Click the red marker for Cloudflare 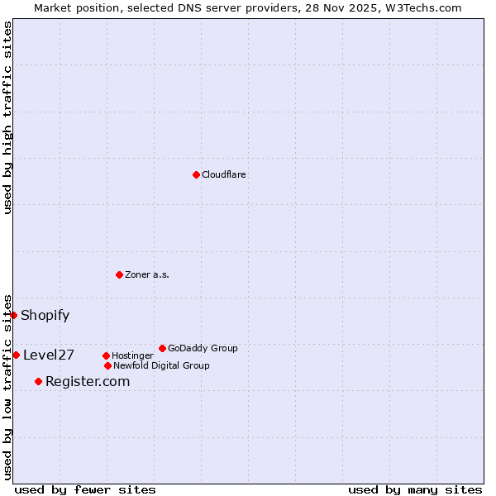pyautogui.click(x=196, y=174)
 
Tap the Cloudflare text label pyautogui.click(x=224, y=175)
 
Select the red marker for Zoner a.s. pyautogui.click(x=119, y=274)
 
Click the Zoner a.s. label pyautogui.click(x=147, y=275)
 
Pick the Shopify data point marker pyautogui.click(x=13, y=315)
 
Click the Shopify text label pyautogui.click(x=45, y=315)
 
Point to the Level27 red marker pyautogui.click(x=16, y=355)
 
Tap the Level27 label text pyautogui.click(x=49, y=355)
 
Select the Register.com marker pyautogui.click(x=38, y=381)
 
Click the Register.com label pyautogui.click(x=88, y=381)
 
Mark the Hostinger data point pyautogui.click(x=106, y=355)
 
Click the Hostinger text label pyautogui.click(x=132, y=356)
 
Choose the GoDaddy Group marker pyautogui.click(x=162, y=348)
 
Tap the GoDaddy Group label pyautogui.click(x=203, y=349)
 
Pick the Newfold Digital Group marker pyautogui.click(x=107, y=365)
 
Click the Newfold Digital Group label pyautogui.click(x=161, y=366)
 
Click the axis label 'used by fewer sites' pyautogui.click(x=85, y=490)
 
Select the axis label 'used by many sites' pyautogui.click(x=415, y=490)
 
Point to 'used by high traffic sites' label pyautogui.click(x=8, y=117)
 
